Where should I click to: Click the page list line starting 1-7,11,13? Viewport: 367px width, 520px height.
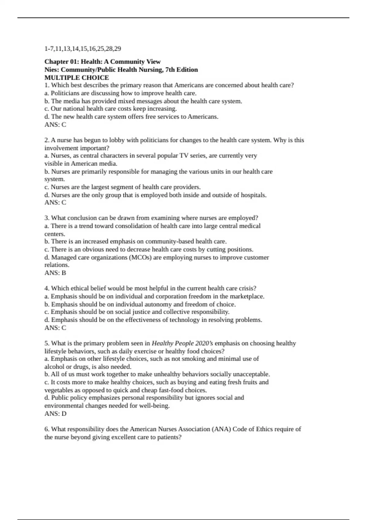click(83, 49)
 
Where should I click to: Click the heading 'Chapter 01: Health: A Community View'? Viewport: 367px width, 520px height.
click(102, 62)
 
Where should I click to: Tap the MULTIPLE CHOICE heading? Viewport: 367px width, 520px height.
click(76, 78)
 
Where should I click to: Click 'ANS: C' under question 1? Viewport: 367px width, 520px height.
click(55, 124)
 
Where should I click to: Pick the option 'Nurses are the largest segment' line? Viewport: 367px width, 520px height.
click(122, 187)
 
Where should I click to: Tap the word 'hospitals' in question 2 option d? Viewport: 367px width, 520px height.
click(253, 195)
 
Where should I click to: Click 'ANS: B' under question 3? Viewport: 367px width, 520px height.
click(55, 273)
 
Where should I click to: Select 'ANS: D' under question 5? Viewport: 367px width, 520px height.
click(55, 414)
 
